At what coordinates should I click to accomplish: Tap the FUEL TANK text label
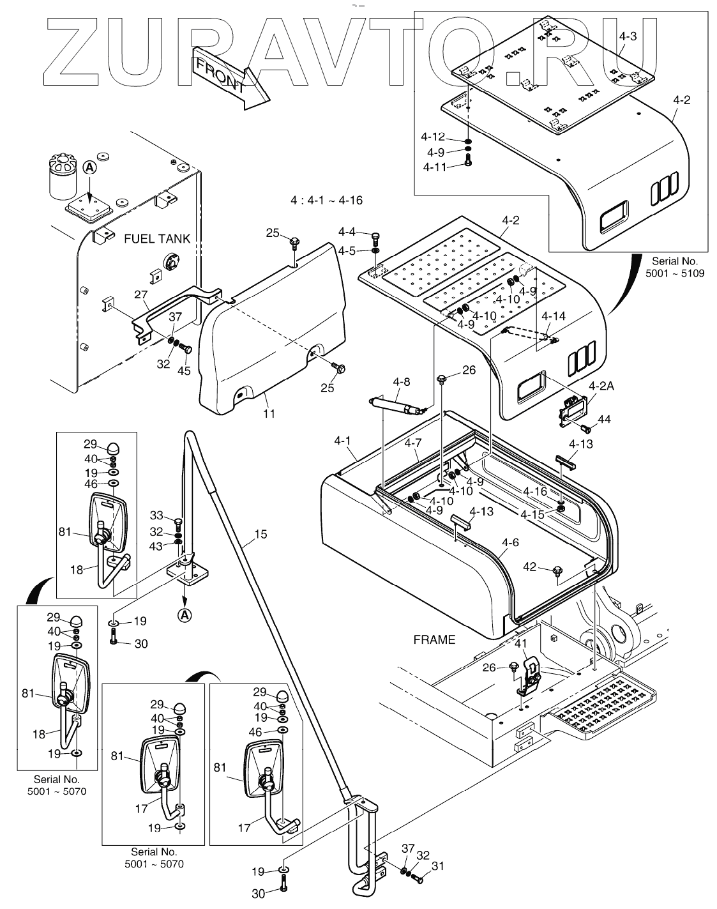pyautogui.click(x=157, y=238)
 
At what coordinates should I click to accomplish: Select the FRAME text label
pyautogui.click(x=434, y=639)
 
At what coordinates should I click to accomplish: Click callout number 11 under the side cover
pyautogui.click(x=269, y=413)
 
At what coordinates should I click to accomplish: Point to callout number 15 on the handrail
pyautogui.click(x=260, y=533)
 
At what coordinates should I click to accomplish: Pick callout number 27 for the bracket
pyautogui.click(x=141, y=294)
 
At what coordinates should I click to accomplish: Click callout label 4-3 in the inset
pyautogui.click(x=628, y=36)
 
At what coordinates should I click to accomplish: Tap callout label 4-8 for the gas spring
pyautogui.click(x=401, y=382)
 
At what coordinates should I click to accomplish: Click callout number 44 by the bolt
pyautogui.click(x=604, y=419)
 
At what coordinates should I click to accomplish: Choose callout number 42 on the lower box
pyautogui.click(x=530, y=566)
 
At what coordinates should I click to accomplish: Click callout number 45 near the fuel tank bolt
pyautogui.click(x=184, y=371)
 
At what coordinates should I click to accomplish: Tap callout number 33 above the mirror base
pyautogui.click(x=157, y=516)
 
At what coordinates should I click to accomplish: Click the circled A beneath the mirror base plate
pyautogui.click(x=184, y=615)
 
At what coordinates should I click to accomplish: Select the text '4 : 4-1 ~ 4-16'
pyautogui.click(x=326, y=201)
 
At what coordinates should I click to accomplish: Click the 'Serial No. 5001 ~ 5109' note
pyautogui.click(x=675, y=267)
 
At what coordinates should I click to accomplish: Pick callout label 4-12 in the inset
pyautogui.click(x=433, y=137)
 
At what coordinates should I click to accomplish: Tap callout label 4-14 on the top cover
pyautogui.click(x=553, y=316)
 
